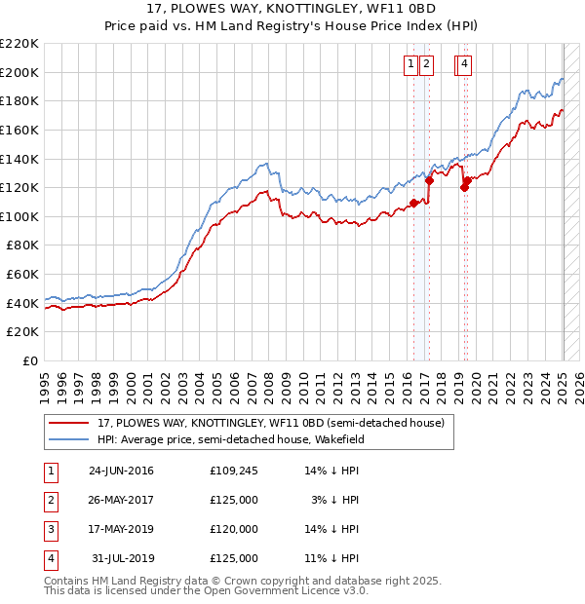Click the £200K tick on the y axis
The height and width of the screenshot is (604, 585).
tap(21, 72)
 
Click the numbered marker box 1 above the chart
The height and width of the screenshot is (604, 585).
tap(410, 64)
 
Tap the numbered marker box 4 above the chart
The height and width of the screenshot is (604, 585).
tap(464, 64)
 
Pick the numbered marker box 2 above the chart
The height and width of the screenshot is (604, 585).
tap(427, 64)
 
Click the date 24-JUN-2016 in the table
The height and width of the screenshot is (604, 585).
tap(121, 471)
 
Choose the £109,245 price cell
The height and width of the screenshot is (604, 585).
tap(233, 471)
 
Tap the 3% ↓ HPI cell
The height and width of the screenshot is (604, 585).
tap(335, 500)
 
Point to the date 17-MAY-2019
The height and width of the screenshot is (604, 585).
tap(121, 529)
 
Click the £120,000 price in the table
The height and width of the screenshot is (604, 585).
tap(233, 529)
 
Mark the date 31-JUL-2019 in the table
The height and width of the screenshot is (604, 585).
tap(122, 558)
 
